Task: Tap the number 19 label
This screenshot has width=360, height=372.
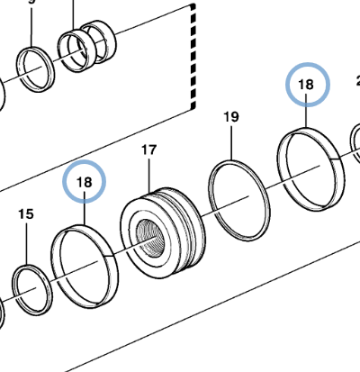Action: (231, 116)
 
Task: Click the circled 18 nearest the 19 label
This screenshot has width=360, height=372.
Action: (307, 86)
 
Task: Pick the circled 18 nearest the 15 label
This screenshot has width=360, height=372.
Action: (85, 182)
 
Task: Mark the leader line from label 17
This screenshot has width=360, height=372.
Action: (149, 176)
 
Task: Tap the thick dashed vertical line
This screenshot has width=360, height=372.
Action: (193, 54)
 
